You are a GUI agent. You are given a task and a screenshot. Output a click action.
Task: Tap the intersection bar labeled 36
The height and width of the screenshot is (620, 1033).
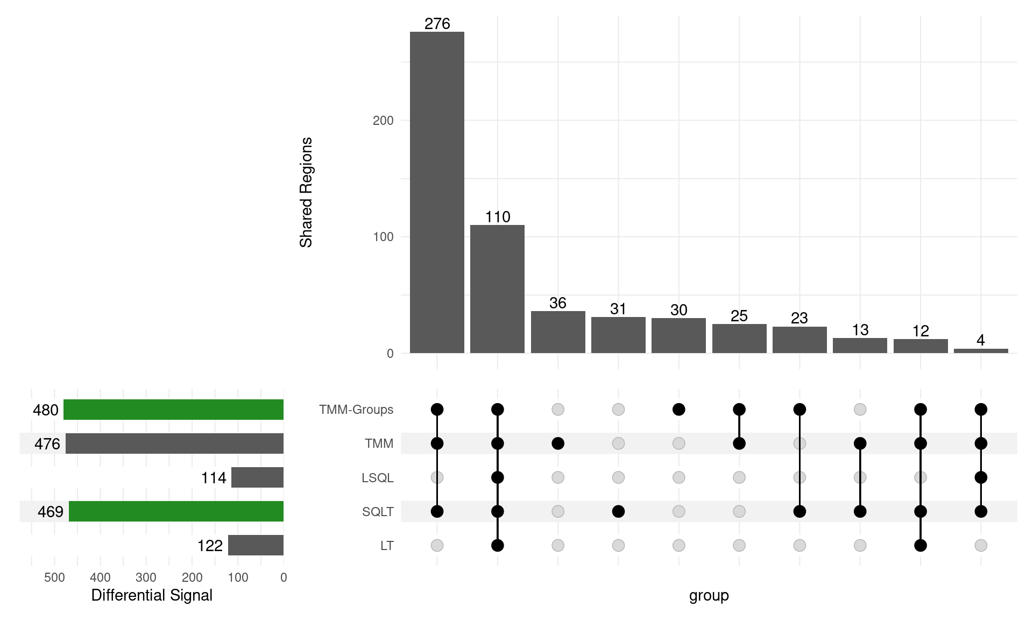tap(558, 332)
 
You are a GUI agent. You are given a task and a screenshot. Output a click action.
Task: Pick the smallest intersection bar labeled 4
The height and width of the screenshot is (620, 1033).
tap(981, 351)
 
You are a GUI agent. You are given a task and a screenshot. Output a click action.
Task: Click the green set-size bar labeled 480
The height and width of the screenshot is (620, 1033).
tap(173, 410)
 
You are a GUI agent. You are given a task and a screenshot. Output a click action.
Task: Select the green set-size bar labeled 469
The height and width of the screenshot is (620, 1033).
tap(176, 511)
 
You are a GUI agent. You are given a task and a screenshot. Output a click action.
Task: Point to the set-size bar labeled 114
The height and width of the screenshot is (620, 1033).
tap(257, 477)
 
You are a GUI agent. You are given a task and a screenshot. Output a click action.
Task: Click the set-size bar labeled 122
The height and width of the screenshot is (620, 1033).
tap(256, 545)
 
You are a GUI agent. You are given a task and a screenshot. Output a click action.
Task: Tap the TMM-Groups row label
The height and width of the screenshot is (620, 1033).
tap(356, 410)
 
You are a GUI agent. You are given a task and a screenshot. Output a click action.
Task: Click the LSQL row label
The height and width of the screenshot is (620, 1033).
tap(377, 478)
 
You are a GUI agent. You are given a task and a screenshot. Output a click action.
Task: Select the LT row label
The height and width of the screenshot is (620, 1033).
tap(387, 546)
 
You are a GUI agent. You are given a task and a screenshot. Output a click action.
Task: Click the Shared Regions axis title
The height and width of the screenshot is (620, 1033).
tap(306, 192)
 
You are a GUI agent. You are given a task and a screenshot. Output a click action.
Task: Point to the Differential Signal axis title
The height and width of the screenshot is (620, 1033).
tap(152, 595)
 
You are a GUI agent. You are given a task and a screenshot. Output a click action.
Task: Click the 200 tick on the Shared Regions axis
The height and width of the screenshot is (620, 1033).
tap(383, 121)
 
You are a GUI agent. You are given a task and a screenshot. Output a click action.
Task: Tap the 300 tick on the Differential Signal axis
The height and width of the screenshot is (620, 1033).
tap(146, 577)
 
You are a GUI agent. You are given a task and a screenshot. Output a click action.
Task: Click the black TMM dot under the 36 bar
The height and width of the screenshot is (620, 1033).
tap(558, 443)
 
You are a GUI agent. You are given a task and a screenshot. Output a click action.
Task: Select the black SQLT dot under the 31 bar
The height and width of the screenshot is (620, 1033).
tap(618, 511)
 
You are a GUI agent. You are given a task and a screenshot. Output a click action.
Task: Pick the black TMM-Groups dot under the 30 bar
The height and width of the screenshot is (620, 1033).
tap(679, 410)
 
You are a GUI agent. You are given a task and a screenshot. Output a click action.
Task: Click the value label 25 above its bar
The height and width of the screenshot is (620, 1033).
tap(739, 316)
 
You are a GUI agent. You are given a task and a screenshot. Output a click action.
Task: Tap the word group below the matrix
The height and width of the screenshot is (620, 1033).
tap(709, 595)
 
